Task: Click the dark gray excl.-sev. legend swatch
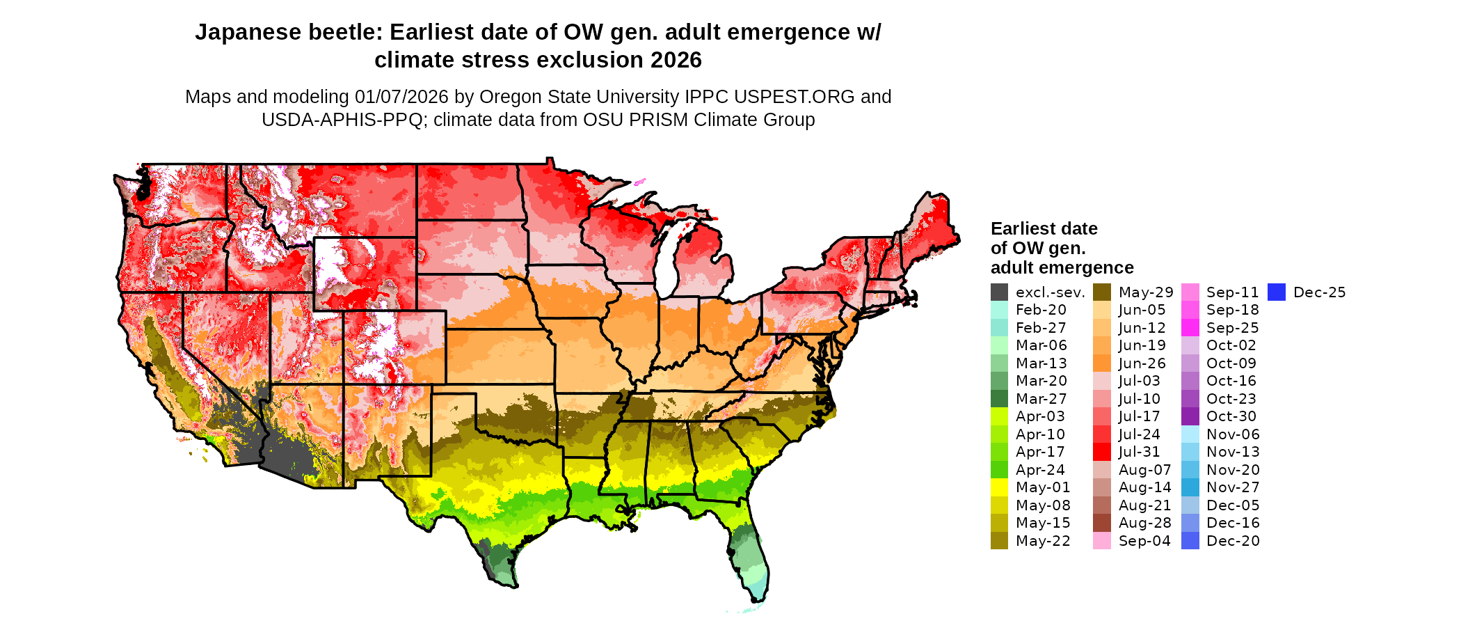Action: tap(999, 292)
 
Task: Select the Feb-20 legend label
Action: tap(1041, 310)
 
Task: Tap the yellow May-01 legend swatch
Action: tap(999, 487)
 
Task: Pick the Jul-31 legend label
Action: tap(1139, 452)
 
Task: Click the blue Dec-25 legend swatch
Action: tap(1277, 292)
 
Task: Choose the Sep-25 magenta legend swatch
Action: tap(1190, 328)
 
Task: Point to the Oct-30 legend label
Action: tap(1231, 416)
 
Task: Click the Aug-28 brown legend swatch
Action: tap(1102, 523)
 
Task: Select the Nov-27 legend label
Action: tap(1233, 487)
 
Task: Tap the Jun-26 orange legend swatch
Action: tap(1102, 363)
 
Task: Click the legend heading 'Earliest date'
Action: tap(1044, 229)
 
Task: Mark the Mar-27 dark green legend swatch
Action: tap(999, 399)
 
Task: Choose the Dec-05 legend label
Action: tap(1233, 505)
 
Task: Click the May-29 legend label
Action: tap(1145, 292)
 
